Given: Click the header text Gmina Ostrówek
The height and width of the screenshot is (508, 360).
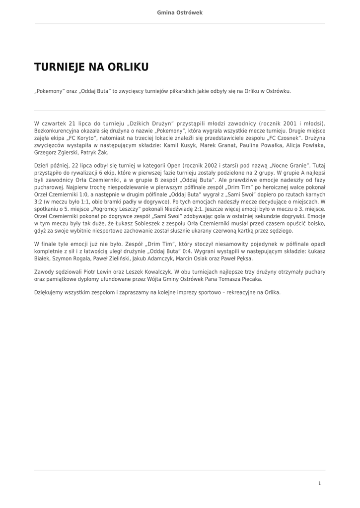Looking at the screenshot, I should pos(180,12).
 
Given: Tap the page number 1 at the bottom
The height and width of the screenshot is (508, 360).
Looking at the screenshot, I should pos(320,483).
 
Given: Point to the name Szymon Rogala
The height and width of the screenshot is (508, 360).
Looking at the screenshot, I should pos(72,258).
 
